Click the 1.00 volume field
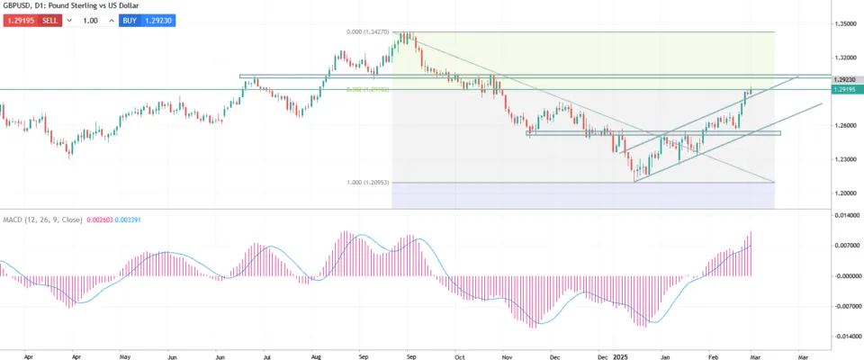[x=90, y=20]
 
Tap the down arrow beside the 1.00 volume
[x=69, y=20]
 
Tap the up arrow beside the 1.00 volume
[x=111, y=20]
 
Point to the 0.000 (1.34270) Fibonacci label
[x=367, y=32]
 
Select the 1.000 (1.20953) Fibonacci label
[x=367, y=183]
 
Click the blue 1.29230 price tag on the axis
[x=843, y=80]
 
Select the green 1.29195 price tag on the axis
[x=843, y=90]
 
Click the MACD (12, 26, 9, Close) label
[x=41, y=220]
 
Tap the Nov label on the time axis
[x=506, y=355]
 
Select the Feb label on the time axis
[x=711, y=355]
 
